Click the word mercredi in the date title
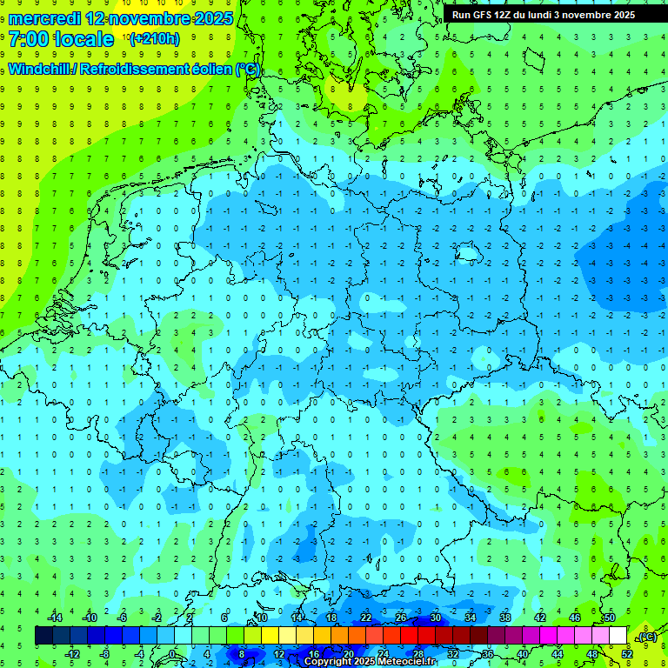[x=44, y=17]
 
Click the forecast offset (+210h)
[x=154, y=39]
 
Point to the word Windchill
[x=40, y=69]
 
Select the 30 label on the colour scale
[x=435, y=618]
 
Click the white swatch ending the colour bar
[x=618, y=636]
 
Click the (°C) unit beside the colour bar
[x=645, y=637]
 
